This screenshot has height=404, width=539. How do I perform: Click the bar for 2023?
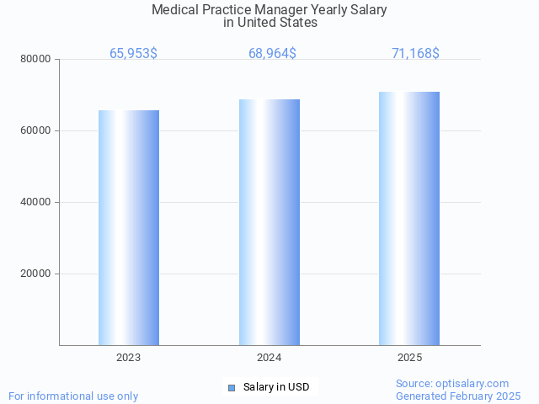129,227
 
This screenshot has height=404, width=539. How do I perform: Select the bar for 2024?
269,222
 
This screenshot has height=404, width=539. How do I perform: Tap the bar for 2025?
409,218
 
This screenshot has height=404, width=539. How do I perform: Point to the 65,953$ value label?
133,54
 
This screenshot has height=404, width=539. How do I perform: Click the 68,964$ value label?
272,54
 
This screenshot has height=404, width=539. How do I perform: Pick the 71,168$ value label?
415,54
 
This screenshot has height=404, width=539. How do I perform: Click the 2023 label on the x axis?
129,358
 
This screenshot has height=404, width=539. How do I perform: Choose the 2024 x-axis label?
269,358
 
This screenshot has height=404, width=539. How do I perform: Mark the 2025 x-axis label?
409,358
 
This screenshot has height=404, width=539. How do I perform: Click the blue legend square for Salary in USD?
232,387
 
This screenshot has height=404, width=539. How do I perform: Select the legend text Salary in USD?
276,387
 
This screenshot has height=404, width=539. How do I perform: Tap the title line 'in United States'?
270,23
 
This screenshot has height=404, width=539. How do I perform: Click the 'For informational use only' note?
73,396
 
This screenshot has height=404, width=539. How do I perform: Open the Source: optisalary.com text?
452,383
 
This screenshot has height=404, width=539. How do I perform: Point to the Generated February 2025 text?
458,396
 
